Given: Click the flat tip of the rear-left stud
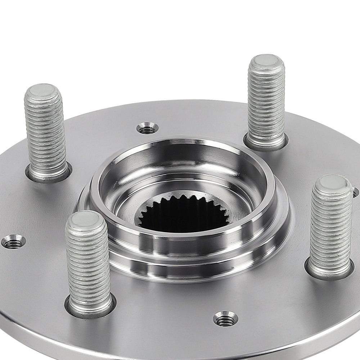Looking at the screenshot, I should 42,91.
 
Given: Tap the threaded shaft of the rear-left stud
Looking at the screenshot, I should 46,133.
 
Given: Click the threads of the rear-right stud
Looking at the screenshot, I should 267,101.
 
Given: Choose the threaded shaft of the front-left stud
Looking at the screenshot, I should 89,259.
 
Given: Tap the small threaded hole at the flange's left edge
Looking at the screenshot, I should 13,242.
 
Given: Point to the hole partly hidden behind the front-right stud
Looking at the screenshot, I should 356,192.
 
